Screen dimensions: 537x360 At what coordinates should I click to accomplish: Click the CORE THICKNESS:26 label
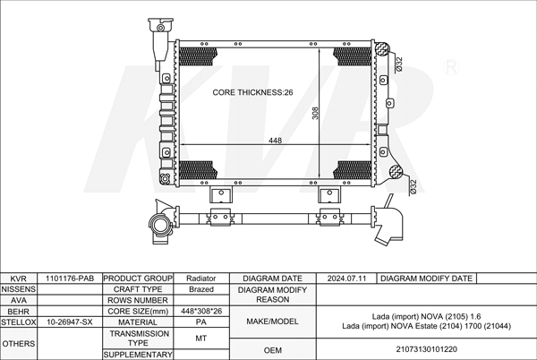252,92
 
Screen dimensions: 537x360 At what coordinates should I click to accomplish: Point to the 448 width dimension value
275,141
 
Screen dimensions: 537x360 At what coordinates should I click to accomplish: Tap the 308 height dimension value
315,113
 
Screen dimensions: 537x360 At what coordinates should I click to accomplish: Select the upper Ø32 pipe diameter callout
399,64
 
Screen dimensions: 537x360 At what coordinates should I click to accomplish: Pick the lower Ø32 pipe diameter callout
413,187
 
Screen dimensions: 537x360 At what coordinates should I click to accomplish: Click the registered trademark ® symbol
451,67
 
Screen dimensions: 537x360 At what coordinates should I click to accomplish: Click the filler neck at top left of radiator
160,41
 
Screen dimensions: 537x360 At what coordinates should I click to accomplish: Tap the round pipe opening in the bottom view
159,225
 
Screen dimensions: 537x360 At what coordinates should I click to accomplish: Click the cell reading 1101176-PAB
70,279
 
